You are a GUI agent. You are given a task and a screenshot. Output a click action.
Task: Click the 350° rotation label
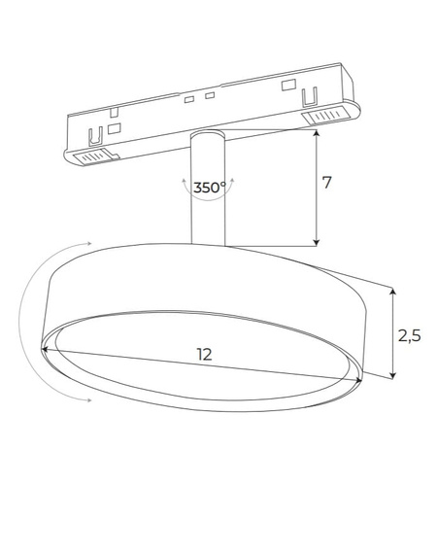[209, 188]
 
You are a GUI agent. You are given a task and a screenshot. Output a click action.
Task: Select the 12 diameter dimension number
[204, 356]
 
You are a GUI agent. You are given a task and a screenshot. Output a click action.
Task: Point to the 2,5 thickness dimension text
[409, 335]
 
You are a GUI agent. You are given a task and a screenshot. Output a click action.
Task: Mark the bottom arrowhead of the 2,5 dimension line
[392, 375]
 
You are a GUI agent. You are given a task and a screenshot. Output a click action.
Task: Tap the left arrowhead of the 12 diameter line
[46, 347]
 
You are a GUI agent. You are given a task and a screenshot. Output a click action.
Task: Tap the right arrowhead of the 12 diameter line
[362, 380]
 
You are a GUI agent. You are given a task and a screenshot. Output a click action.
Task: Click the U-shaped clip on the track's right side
[311, 96]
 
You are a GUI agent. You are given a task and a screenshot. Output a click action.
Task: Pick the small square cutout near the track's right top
[288, 85]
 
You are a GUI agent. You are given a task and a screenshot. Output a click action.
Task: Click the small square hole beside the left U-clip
[115, 127]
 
